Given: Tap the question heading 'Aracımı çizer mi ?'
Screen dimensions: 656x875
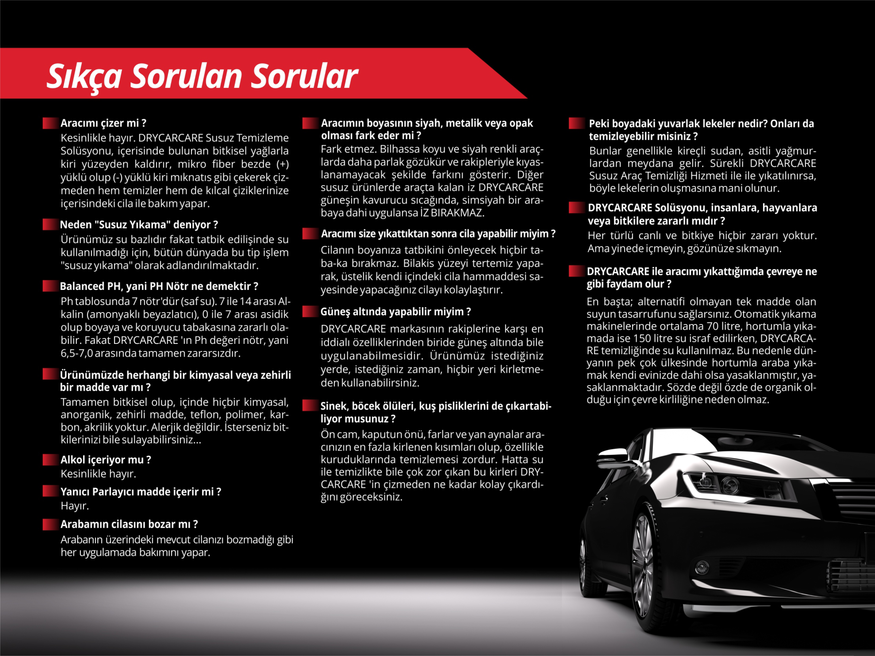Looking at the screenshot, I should [x=103, y=123].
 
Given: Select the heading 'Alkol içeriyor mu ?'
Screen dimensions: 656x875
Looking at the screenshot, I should [x=106, y=459].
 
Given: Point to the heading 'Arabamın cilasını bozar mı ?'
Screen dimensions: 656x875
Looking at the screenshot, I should [x=129, y=524].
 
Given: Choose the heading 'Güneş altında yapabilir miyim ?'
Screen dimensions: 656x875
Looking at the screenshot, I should [x=396, y=312].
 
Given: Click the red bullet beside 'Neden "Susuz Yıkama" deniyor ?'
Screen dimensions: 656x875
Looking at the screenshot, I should [x=50, y=225].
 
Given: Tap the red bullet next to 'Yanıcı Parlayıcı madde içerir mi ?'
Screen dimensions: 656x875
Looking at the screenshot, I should [x=50, y=491].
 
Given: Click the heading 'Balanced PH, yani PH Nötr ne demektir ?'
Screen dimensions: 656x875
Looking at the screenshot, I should [x=159, y=286].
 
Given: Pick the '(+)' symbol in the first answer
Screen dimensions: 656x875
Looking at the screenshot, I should [x=282, y=164].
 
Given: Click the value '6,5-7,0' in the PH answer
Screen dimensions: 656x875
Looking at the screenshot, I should [x=77, y=353].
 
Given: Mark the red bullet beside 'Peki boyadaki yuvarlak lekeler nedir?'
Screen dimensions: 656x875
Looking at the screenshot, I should [x=576, y=123].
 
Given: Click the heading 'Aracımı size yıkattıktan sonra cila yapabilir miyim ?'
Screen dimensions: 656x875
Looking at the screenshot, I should [x=438, y=234].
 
